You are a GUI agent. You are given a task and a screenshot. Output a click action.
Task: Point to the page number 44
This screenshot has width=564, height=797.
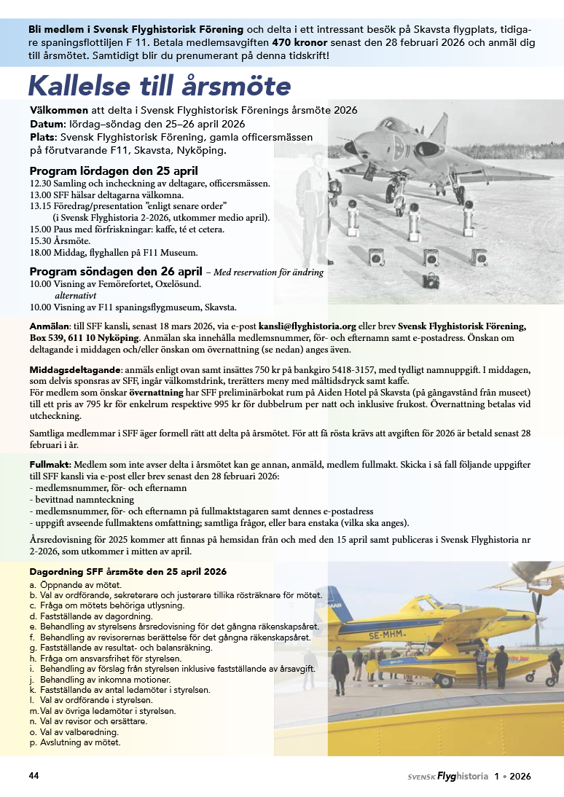click(34, 776)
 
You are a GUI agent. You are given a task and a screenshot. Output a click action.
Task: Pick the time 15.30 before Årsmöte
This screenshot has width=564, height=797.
click(40, 240)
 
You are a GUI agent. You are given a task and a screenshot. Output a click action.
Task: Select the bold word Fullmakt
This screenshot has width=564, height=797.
click(49, 464)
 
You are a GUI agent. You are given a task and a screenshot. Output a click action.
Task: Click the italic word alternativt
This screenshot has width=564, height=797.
click(77, 296)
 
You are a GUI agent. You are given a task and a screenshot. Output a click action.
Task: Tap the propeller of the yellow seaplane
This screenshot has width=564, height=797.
click(538, 603)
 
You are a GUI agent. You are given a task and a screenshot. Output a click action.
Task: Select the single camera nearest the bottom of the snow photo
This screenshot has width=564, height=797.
click(431, 280)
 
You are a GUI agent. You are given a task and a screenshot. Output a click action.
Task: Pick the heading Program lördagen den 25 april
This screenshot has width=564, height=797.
click(114, 171)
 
